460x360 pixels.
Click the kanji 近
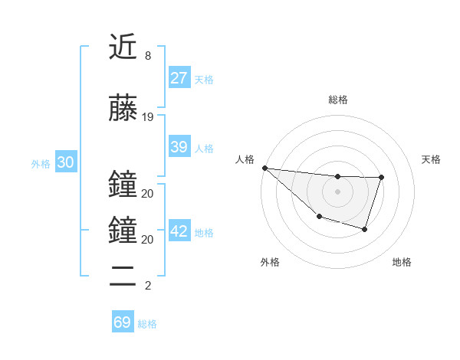pyautogui.click(x=123, y=47)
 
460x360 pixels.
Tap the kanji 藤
pyautogui.click(x=123, y=107)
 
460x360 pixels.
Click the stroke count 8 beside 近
pyautogui.click(x=147, y=57)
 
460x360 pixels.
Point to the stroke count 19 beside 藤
pyautogui.click(x=148, y=117)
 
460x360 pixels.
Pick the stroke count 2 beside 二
pyautogui.click(x=147, y=286)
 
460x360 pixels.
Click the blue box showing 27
pyautogui.click(x=179, y=78)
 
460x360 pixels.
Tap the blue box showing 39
pyautogui.click(x=179, y=147)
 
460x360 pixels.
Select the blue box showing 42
pyautogui.click(x=179, y=231)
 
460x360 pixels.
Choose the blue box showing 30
pyautogui.click(x=65, y=162)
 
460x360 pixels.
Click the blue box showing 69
pyautogui.click(x=123, y=322)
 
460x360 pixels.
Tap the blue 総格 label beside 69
pyautogui.click(x=147, y=324)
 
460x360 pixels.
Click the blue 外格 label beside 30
pyautogui.click(x=41, y=164)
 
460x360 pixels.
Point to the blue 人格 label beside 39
pyautogui.click(x=204, y=149)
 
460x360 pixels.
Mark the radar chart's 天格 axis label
pyautogui.click(x=432, y=159)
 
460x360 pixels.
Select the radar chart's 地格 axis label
pyautogui.click(x=402, y=262)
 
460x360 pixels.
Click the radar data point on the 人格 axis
pyautogui.click(x=264, y=168)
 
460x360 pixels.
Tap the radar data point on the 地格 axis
pyautogui.click(x=365, y=229)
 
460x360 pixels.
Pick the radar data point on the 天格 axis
pyautogui.click(x=381, y=177)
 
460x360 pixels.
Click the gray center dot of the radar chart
pyautogui.click(x=337, y=191)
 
